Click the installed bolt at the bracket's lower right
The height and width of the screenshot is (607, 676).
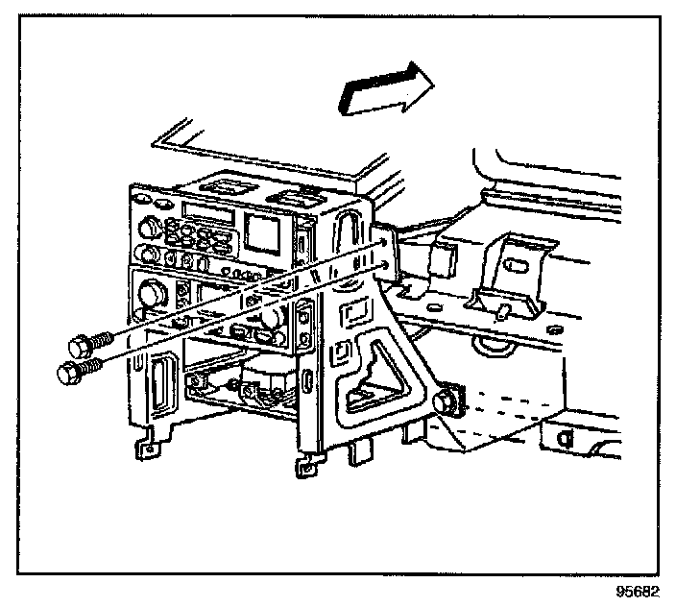point(445,401)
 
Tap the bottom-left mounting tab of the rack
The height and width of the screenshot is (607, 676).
point(146,446)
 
